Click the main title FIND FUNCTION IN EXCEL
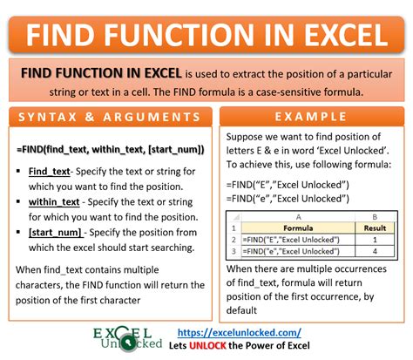(x=206, y=34)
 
